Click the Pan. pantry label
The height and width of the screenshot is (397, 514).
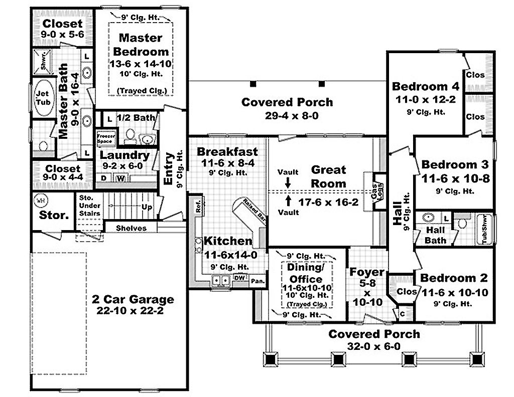[258, 281]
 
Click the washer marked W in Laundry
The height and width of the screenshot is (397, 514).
[120, 178]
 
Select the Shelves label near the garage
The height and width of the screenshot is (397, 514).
[131, 228]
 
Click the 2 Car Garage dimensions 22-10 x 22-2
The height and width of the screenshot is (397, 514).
[133, 310]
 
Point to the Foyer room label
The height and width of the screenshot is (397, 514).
[367, 272]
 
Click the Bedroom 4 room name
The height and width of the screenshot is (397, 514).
[426, 86]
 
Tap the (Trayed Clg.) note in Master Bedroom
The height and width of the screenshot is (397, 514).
[142, 91]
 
